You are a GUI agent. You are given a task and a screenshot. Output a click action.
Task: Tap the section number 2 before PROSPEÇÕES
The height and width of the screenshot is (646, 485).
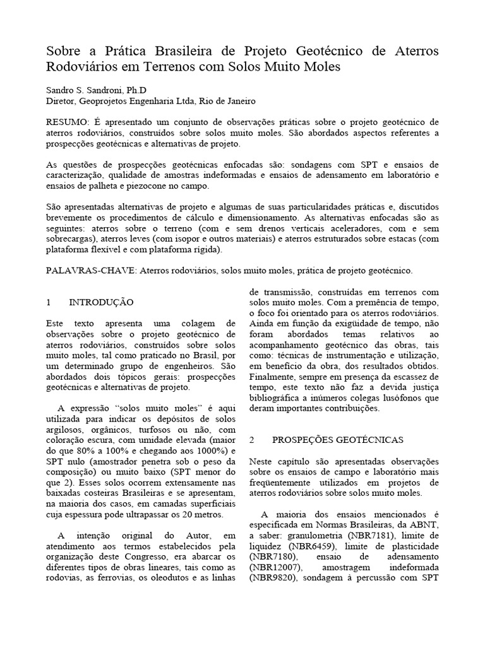252,438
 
